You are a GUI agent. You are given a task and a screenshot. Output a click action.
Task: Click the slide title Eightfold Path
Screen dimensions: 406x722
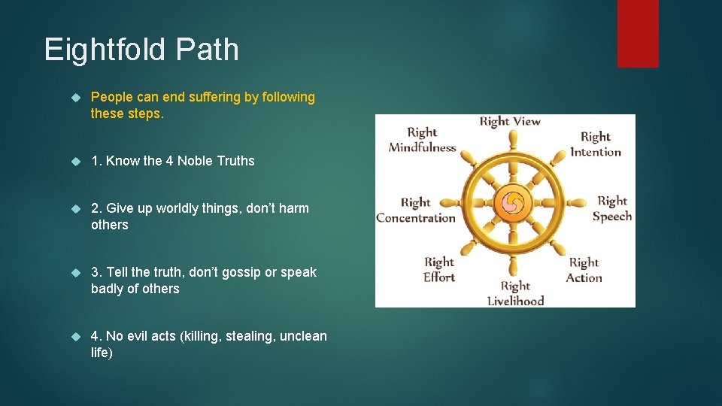pos(141,50)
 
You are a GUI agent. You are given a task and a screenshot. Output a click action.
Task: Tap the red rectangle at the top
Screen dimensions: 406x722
pos(638,33)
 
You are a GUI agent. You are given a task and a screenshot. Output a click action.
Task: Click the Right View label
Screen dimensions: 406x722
pos(510,121)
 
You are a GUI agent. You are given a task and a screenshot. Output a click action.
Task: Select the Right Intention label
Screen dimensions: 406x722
pos(596,144)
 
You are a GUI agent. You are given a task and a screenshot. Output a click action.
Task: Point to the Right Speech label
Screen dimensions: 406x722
pos(611,208)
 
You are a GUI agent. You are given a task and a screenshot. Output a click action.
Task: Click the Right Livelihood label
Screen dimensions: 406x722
pos(515,293)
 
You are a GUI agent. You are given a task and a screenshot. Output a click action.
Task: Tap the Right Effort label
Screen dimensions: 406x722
pos(439,269)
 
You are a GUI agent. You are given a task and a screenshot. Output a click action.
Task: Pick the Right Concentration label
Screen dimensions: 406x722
pos(416,211)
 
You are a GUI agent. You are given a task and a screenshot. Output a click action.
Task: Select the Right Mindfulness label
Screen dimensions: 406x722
pos(422,140)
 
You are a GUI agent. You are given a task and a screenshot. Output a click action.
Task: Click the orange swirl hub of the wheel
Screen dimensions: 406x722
pos(513,202)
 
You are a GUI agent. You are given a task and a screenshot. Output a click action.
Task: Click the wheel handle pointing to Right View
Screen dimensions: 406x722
pos(513,140)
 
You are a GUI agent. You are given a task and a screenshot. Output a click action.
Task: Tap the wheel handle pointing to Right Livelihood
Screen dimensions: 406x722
pos(513,265)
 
